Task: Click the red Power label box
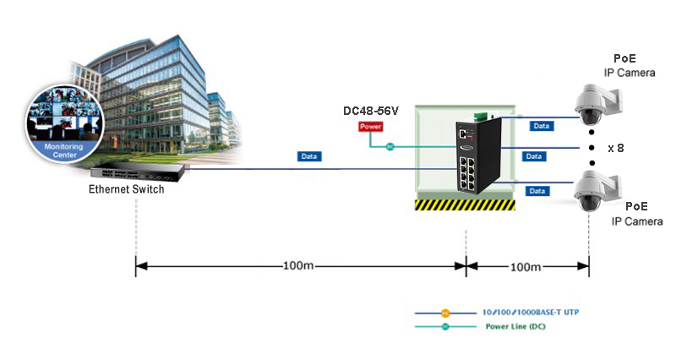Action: pyautogui.click(x=371, y=127)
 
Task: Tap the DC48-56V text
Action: pyautogui.click(x=370, y=111)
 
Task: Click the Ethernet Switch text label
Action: pyautogui.click(x=127, y=189)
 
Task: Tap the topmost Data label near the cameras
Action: pyautogui.click(x=541, y=126)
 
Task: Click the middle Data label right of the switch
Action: pyautogui.click(x=533, y=156)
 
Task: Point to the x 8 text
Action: pyautogui.click(x=616, y=148)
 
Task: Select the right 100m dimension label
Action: pyautogui.click(x=526, y=266)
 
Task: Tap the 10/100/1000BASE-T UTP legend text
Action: pyautogui.click(x=532, y=313)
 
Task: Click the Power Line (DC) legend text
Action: pyautogui.click(x=515, y=326)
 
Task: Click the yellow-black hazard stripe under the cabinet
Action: pyautogui.click(x=464, y=204)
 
